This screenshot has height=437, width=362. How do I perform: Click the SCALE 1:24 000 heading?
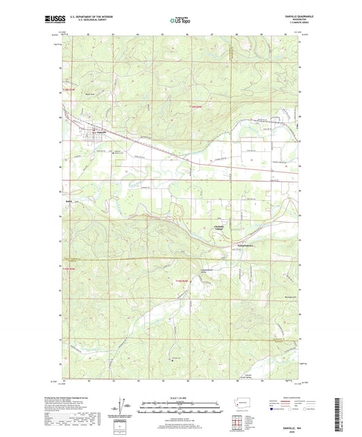pos(180,397)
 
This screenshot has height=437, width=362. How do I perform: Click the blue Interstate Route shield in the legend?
pos(272,410)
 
